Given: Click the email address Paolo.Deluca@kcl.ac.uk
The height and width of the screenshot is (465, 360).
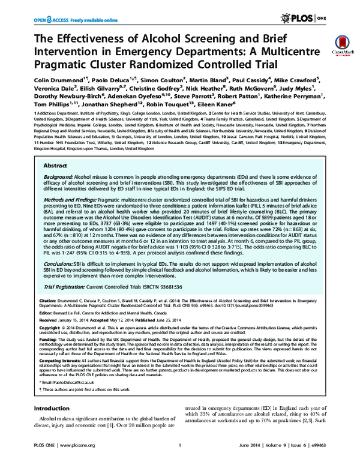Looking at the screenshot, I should point(68,398).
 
